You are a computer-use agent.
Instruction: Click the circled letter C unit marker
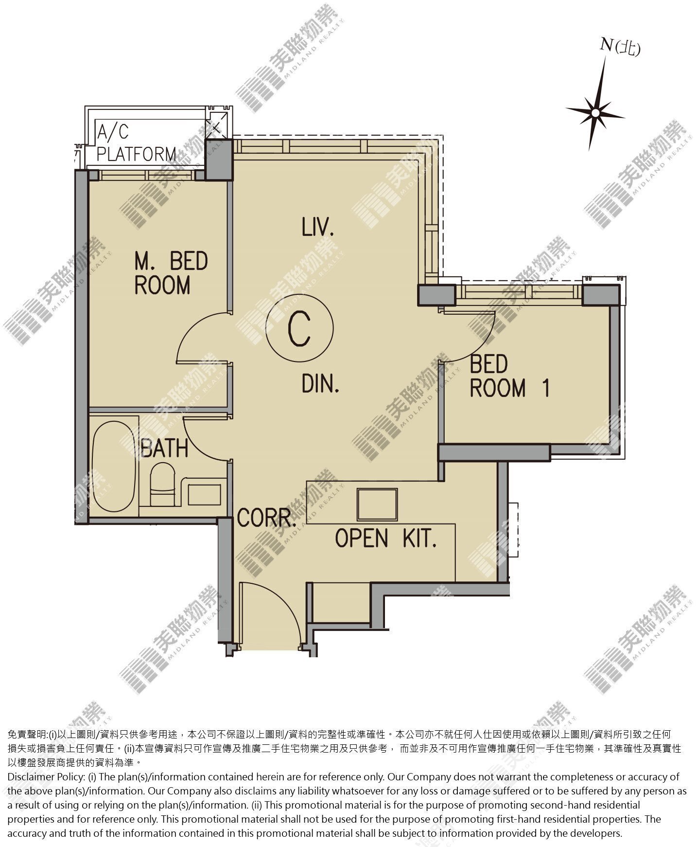pyautogui.click(x=299, y=328)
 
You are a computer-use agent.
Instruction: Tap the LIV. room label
pyautogui.click(x=318, y=228)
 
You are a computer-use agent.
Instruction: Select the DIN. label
pyautogui.click(x=320, y=383)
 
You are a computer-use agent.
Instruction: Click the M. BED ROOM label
pyautogui.click(x=171, y=273)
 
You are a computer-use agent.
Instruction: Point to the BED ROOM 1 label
pyautogui.click(x=509, y=377)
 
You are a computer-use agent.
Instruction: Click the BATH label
pyautogui.click(x=164, y=448)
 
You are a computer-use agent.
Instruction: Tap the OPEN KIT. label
pyautogui.click(x=385, y=538)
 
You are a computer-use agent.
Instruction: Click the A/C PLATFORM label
pyautogui.click(x=136, y=143)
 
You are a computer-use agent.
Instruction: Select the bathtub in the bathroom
pyautogui.click(x=114, y=466)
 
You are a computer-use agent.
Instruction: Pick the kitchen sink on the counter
pyautogui.click(x=377, y=505)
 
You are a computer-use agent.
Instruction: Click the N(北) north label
pyautogui.click(x=620, y=47)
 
